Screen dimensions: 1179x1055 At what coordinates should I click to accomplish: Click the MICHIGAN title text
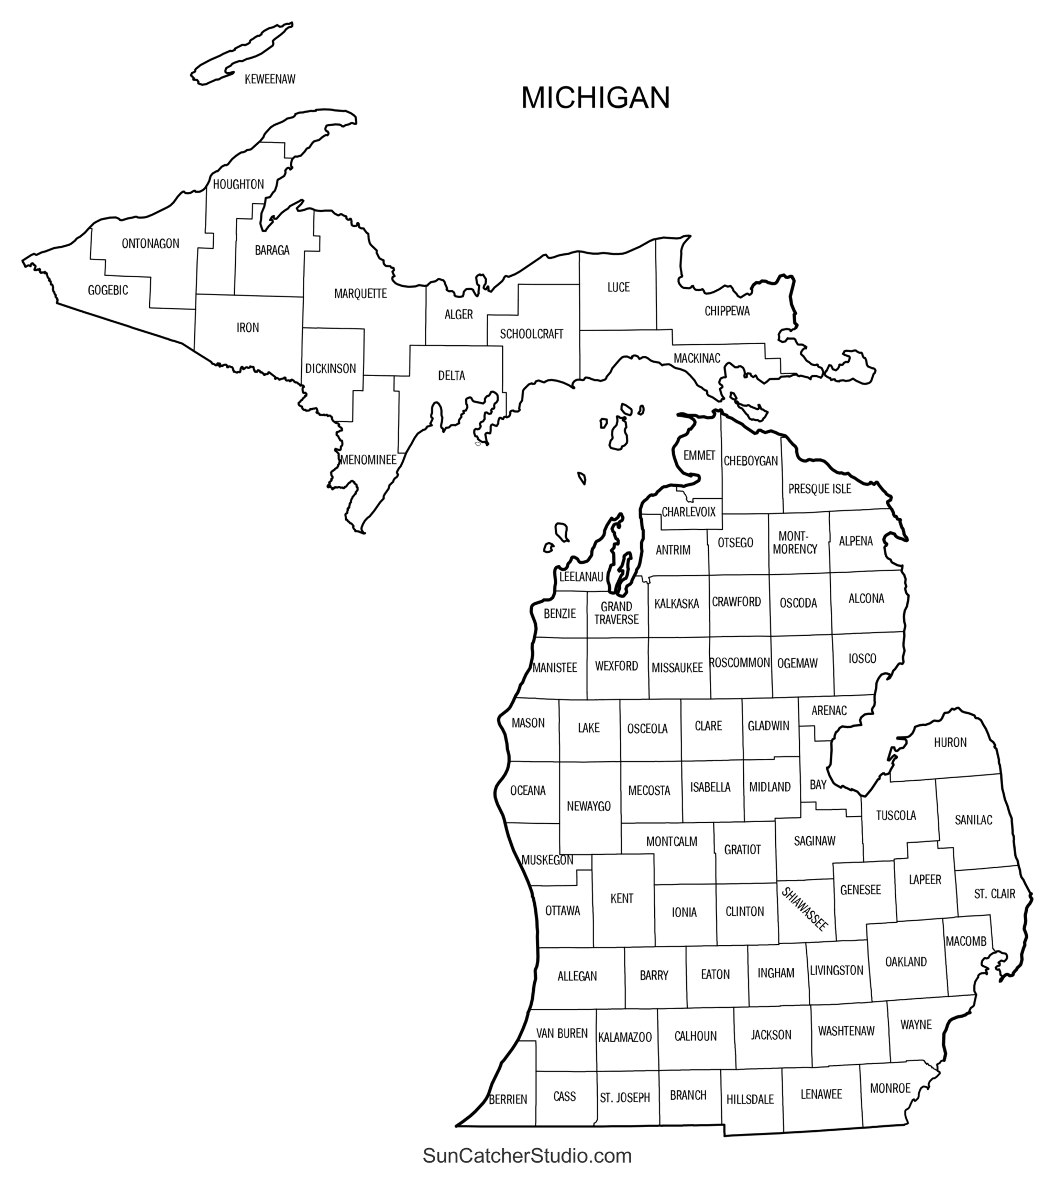click(595, 97)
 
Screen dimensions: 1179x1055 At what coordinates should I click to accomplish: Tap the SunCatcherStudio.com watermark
click(527, 1155)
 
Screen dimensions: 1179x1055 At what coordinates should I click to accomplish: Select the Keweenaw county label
click(270, 80)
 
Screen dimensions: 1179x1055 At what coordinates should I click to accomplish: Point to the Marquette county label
click(360, 293)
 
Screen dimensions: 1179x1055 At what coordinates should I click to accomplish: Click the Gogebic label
click(108, 290)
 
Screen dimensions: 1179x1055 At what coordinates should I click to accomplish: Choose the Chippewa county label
click(727, 311)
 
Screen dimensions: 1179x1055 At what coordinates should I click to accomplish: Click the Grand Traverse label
click(616, 613)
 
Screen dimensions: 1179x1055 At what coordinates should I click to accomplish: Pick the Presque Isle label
click(819, 488)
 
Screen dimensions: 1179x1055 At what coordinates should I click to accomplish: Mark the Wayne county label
click(916, 1025)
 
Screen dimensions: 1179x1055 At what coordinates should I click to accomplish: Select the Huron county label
click(950, 743)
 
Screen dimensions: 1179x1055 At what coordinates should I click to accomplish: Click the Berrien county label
click(508, 1099)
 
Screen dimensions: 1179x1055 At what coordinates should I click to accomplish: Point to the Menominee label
click(369, 460)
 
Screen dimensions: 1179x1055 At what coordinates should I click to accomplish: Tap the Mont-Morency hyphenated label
click(795, 543)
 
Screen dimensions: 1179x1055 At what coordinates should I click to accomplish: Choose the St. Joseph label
click(625, 1098)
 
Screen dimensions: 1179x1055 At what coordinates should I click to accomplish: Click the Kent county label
click(621, 898)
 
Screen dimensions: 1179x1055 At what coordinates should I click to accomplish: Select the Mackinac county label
click(697, 358)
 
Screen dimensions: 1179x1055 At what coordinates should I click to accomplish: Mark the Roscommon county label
click(740, 662)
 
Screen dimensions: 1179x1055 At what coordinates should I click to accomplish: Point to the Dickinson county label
click(331, 368)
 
